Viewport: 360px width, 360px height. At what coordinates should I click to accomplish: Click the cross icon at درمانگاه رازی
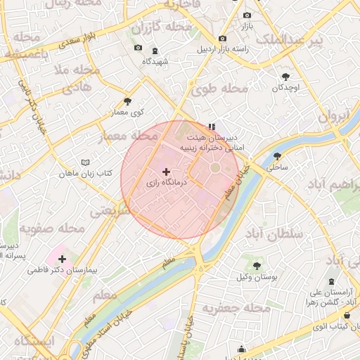(167, 172)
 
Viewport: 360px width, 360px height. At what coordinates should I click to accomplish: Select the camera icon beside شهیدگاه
(138, 48)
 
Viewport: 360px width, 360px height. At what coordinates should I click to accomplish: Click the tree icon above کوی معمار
(127, 101)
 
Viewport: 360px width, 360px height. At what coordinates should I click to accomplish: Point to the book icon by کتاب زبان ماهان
(86, 162)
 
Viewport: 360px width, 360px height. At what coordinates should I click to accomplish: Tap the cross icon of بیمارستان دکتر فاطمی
(62, 259)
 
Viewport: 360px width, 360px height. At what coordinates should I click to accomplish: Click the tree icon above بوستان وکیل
(256, 266)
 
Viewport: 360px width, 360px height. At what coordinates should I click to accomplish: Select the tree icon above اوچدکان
(285, 77)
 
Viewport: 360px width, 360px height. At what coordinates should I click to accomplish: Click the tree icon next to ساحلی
(277, 157)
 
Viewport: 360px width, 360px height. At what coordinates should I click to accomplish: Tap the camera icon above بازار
(247, 15)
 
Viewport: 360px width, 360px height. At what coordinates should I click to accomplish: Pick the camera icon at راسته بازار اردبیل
(222, 38)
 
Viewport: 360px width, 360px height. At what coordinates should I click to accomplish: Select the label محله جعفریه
(236, 308)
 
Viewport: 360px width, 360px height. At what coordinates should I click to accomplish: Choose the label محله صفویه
(52, 229)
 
